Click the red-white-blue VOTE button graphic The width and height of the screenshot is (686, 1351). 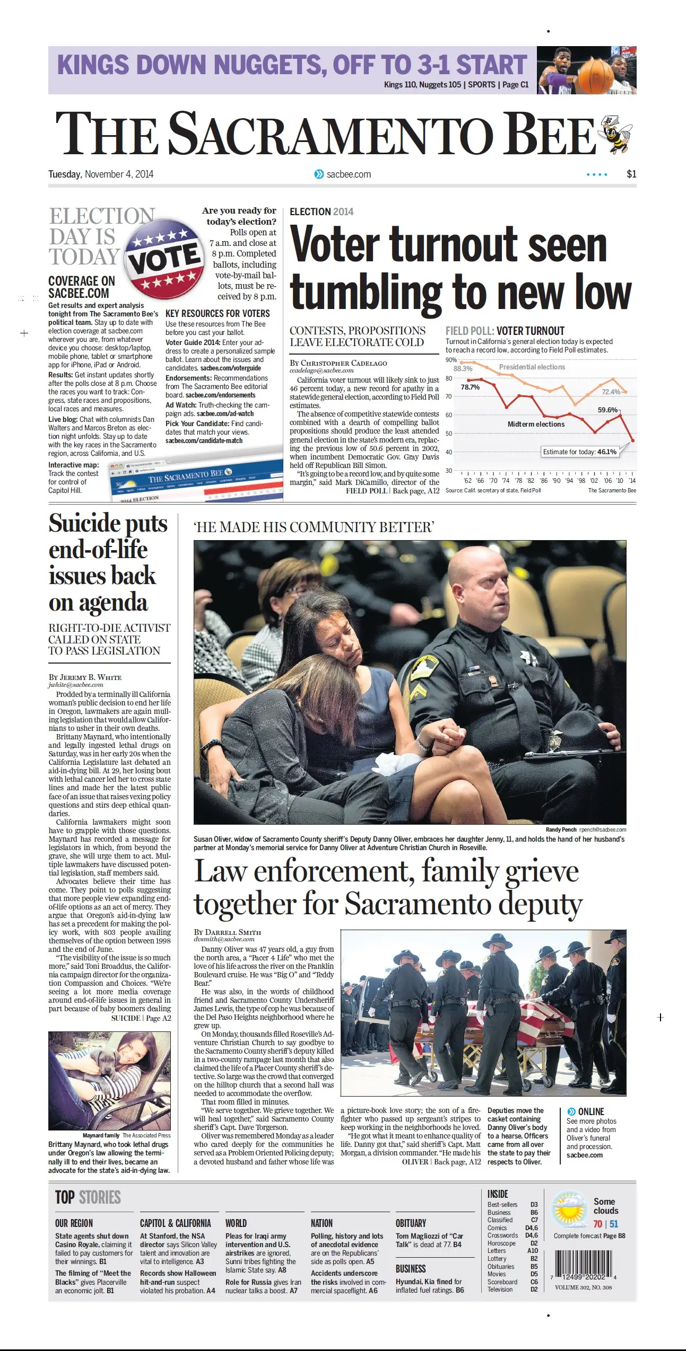(x=165, y=260)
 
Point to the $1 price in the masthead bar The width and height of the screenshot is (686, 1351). (x=631, y=174)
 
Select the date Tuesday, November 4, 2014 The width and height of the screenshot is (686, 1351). (x=101, y=174)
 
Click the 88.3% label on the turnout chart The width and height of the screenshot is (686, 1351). (x=463, y=368)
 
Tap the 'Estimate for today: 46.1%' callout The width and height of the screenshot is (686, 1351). (x=579, y=452)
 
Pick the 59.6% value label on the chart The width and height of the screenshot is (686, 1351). (x=607, y=410)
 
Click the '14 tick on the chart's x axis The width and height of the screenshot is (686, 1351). (x=632, y=481)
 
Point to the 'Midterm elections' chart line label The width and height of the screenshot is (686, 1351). (x=536, y=425)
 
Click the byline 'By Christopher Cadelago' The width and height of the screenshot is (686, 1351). (x=338, y=363)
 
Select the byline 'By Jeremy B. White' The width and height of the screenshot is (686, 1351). (x=85, y=677)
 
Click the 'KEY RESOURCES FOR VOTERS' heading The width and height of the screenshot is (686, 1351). (x=218, y=314)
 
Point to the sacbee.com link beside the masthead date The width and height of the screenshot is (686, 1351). (x=348, y=174)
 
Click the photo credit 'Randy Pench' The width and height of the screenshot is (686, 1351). (x=561, y=829)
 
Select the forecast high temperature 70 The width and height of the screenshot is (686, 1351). (x=597, y=1224)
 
